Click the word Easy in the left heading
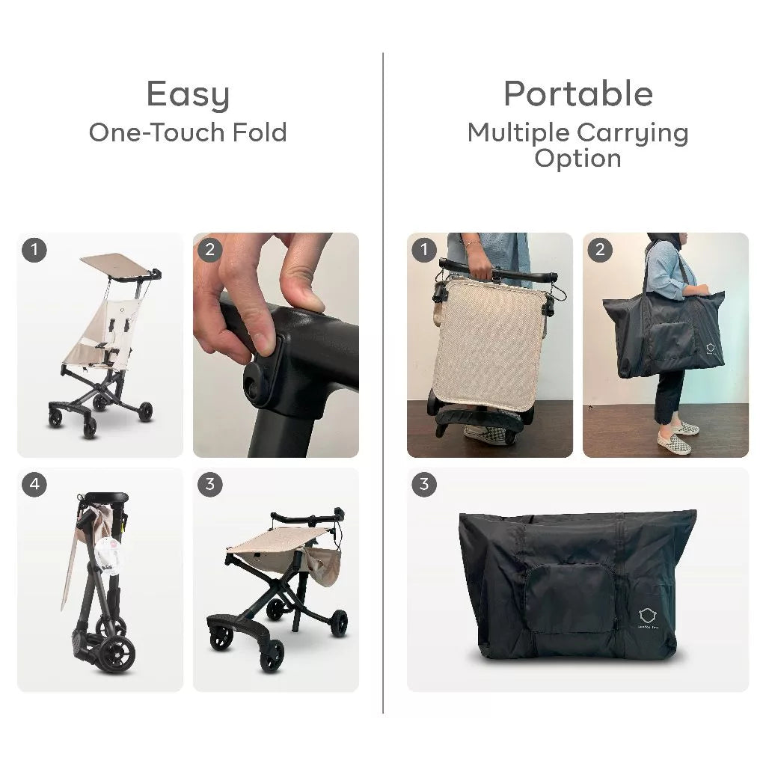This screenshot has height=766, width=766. pyautogui.click(x=188, y=96)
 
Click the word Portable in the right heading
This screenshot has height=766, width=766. pyautogui.click(x=577, y=94)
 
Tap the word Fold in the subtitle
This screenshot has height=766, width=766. pyautogui.click(x=258, y=132)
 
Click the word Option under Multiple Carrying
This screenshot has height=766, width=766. pyautogui.click(x=577, y=158)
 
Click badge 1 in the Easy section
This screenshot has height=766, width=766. pyautogui.click(x=34, y=250)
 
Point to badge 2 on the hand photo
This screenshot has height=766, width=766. pyautogui.click(x=210, y=250)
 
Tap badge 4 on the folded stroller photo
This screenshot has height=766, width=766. pyautogui.click(x=34, y=485)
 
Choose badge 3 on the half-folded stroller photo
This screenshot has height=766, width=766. pyautogui.click(x=210, y=485)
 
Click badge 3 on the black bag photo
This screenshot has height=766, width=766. pyautogui.click(x=424, y=485)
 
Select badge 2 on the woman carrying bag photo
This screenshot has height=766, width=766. pyautogui.click(x=600, y=250)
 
